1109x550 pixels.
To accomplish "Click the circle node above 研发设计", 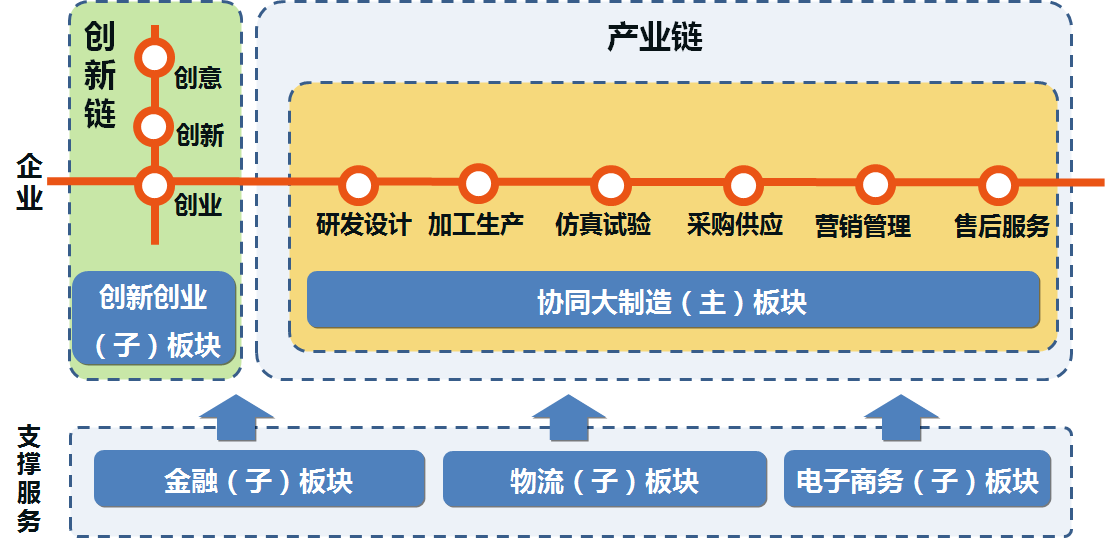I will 358,185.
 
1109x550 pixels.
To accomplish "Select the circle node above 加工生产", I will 478,183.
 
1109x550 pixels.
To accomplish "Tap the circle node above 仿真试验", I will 610,185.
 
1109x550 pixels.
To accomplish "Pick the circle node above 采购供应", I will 743,185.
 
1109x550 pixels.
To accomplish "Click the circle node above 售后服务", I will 997,185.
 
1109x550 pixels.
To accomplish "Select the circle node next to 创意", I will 155,58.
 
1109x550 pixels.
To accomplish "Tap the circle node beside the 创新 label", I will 154,127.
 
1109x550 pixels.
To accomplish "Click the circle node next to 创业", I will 155,185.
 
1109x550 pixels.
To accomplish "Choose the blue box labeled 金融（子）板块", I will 259,479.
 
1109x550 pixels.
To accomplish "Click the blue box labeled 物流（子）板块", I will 604,479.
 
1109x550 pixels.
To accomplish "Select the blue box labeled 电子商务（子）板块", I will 918,479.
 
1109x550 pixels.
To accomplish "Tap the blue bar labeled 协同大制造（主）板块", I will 673,300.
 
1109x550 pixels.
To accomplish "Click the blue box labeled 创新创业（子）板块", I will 154,319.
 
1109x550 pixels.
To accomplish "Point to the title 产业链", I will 655,37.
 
